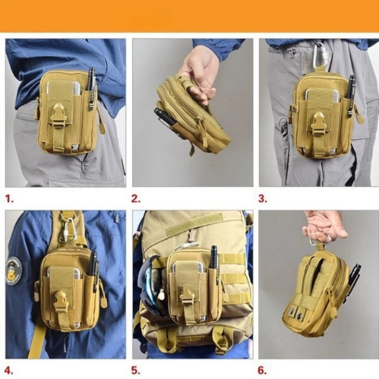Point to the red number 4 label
pyautogui.click(x=9, y=370)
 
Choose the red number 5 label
pyautogui.click(x=135, y=370)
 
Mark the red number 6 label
pyautogui.click(x=262, y=370)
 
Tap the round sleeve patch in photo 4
pyautogui.click(x=14, y=270)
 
